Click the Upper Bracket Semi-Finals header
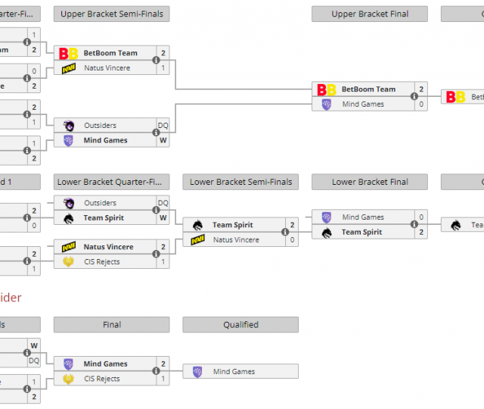[x=111, y=14]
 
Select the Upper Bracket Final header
[x=370, y=14]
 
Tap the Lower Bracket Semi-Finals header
[x=240, y=182]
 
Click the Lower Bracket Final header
[x=370, y=182]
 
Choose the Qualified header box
[x=240, y=325]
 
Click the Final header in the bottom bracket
[x=111, y=325]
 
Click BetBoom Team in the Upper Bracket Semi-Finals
[x=110, y=53]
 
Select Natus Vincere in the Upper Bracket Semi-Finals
[x=107, y=68]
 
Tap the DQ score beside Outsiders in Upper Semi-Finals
[x=163, y=126]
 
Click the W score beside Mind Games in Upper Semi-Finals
[x=163, y=140]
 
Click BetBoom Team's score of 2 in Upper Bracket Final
[x=421, y=89]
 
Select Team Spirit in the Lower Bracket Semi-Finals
[x=232, y=225]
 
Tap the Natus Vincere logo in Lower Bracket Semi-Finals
[x=197, y=240]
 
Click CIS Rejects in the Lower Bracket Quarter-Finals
[x=101, y=262]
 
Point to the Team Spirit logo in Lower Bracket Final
[x=327, y=233]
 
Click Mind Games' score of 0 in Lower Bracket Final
[x=421, y=217]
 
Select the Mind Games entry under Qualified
[x=234, y=372]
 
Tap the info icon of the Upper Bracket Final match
[x=414, y=97]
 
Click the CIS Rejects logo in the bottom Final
[x=68, y=379]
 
